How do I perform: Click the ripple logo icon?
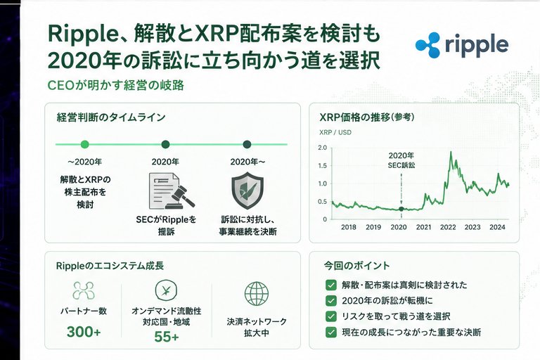427,45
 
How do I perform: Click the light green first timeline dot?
84,144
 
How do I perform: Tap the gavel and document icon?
171,191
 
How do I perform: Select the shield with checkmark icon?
247,191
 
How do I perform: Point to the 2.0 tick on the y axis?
322,148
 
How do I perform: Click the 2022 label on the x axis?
448,227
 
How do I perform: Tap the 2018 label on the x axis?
348,227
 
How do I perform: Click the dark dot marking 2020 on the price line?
401,209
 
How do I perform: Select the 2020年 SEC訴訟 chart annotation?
401,160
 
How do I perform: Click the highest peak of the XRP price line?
451,152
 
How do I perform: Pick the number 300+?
84,332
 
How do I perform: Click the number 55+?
167,337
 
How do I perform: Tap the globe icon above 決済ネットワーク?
257,294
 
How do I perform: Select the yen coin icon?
166,290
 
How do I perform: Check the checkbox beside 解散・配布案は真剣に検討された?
331,285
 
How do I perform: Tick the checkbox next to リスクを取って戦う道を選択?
331,316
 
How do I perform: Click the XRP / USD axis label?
335,132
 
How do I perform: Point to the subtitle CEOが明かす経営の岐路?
116,86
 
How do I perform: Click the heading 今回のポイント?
356,266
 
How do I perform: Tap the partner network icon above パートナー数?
84,290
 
